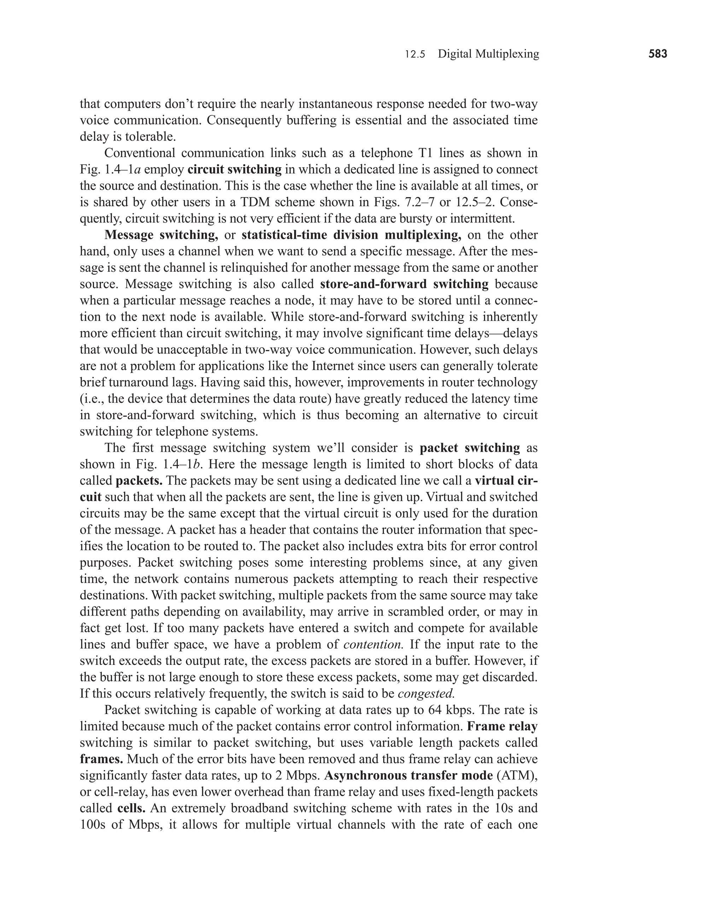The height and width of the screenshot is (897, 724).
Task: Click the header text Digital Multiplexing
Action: [488, 54]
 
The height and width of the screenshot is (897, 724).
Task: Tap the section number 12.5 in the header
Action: [415, 54]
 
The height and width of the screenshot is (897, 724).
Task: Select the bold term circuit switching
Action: [235, 169]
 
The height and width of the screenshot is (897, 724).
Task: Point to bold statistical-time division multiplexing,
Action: [351, 235]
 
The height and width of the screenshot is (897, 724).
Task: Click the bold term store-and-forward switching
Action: [404, 284]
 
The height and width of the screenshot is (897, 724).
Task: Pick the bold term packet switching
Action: [469, 448]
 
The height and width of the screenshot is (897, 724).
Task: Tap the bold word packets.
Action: [139, 481]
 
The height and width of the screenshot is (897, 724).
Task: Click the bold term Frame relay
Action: [502, 726]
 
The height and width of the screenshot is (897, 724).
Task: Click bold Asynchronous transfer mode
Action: [408, 776]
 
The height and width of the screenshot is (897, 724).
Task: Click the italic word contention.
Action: [373, 644]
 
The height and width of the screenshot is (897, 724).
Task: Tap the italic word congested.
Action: [426, 694]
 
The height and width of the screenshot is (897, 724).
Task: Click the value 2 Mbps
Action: [297, 776]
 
